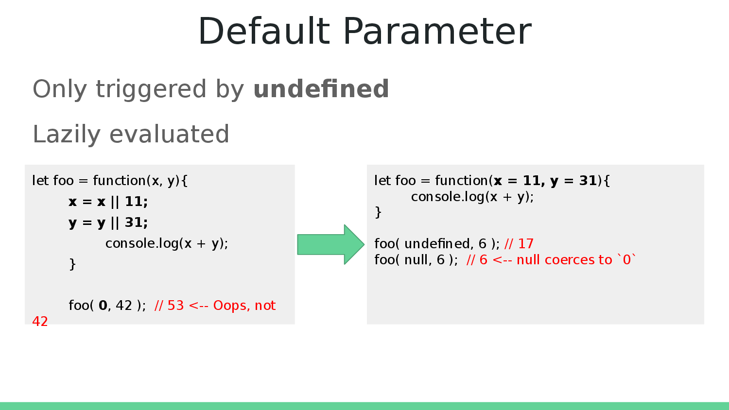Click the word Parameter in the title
tap(437, 32)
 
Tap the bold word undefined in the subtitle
tap(321, 89)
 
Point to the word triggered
tap(151, 90)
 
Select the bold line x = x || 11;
tap(108, 202)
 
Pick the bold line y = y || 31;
tap(108, 222)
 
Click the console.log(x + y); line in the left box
tap(167, 243)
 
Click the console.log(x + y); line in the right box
tap(472, 197)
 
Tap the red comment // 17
tap(519, 243)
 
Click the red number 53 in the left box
tap(175, 306)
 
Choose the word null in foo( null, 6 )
tap(417, 260)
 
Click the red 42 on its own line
tap(40, 322)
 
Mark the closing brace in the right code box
tap(378, 212)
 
